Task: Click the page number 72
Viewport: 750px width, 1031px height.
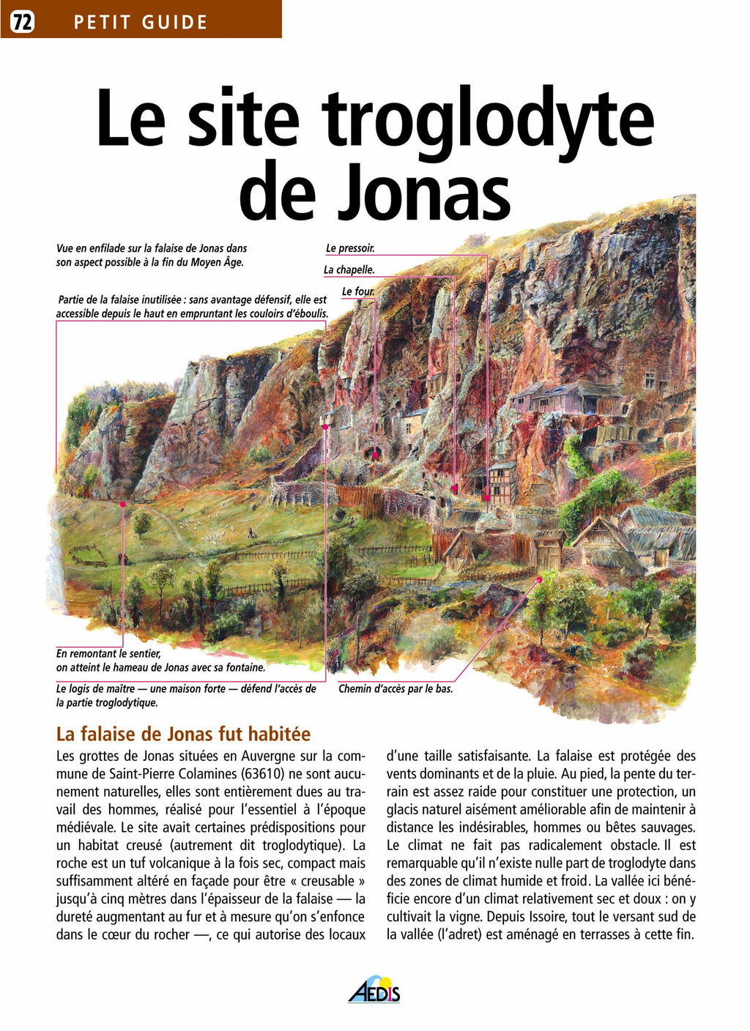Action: (22, 22)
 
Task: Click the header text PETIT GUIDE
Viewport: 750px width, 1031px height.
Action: (141, 23)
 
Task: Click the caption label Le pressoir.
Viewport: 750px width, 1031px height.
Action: (350, 248)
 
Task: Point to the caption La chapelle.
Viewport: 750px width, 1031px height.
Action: (349, 270)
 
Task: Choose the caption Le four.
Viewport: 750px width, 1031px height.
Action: (357, 291)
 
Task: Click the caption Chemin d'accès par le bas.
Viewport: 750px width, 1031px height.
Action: (396, 689)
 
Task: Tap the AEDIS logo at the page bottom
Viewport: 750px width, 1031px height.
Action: (374, 989)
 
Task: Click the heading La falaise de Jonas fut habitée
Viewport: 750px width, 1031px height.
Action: (183, 734)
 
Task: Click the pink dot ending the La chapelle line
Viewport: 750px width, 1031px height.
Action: (455, 487)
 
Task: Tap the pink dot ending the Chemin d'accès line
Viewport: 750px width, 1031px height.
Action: (540, 578)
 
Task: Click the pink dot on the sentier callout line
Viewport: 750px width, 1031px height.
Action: (123, 505)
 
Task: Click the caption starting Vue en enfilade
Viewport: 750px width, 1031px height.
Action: (152, 256)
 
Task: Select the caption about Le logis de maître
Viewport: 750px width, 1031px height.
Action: (186, 696)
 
